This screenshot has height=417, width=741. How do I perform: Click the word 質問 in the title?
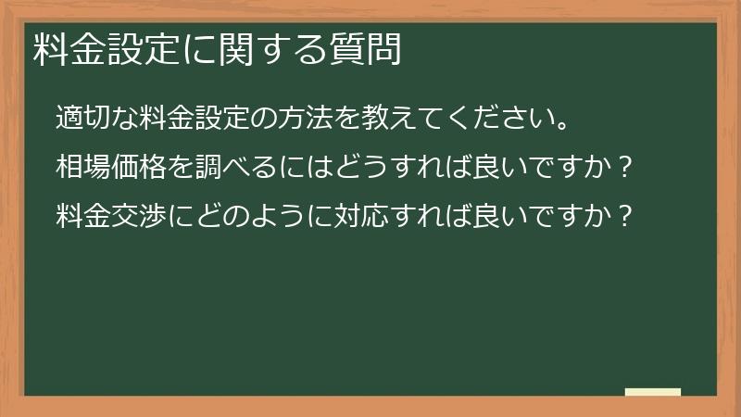[370, 50]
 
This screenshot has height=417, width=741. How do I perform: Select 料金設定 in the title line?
[94, 50]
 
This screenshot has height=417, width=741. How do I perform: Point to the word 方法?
[310, 120]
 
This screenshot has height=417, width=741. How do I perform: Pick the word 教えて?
[396, 120]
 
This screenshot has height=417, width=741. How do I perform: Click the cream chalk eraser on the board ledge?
[653, 392]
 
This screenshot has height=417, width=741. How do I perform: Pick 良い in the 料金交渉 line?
[496, 217]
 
